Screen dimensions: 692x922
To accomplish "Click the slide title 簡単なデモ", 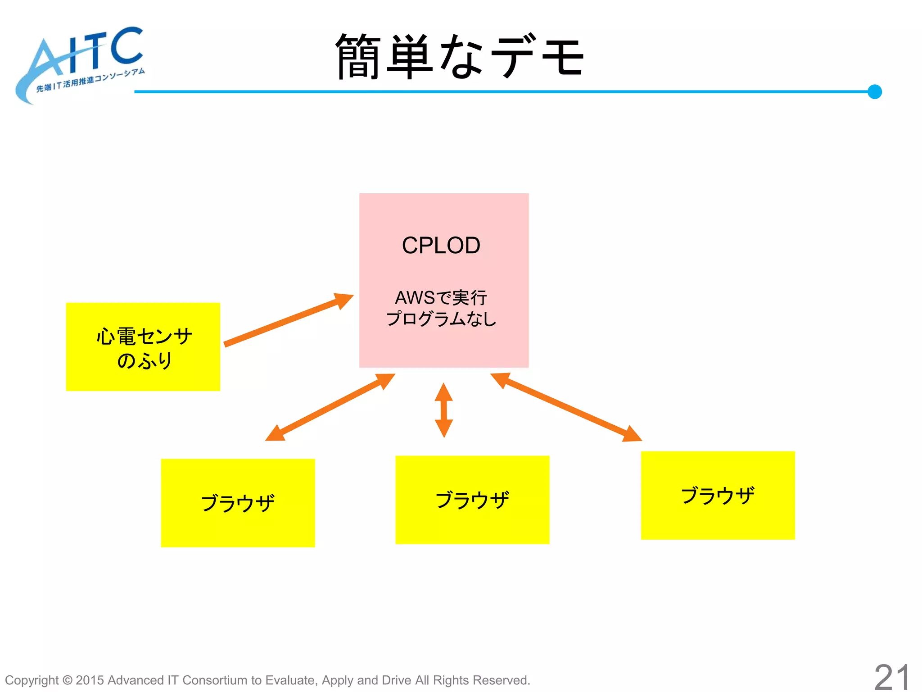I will click(x=459, y=56).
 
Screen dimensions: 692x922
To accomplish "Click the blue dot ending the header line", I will click(x=874, y=91).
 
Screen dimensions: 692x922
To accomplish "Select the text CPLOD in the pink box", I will click(x=441, y=246).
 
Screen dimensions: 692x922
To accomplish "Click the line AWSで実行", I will click(x=441, y=298).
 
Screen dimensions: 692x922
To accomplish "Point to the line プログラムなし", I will click(x=441, y=319).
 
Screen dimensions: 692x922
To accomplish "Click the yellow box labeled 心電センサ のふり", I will click(x=143, y=347).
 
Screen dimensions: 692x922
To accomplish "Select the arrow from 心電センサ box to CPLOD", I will click(x=288, y=320).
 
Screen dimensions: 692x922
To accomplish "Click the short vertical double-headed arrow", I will click(x=444, y=410).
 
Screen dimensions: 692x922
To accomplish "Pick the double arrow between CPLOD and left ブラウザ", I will click(x=330, y=407).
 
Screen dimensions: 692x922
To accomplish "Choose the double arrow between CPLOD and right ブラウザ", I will click(x=566, y=406).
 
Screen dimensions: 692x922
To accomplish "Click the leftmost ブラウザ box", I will click(x=238, y=503).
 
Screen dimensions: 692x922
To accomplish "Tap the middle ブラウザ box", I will click(x=472, y=500).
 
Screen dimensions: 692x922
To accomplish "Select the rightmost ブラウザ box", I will click(x=718, y=495).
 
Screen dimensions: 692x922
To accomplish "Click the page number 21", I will click(x=892, y=677).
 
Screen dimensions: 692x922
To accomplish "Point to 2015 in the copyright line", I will click(x=90, y=680).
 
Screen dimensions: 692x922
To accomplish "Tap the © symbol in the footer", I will click(x=67, y=680).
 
